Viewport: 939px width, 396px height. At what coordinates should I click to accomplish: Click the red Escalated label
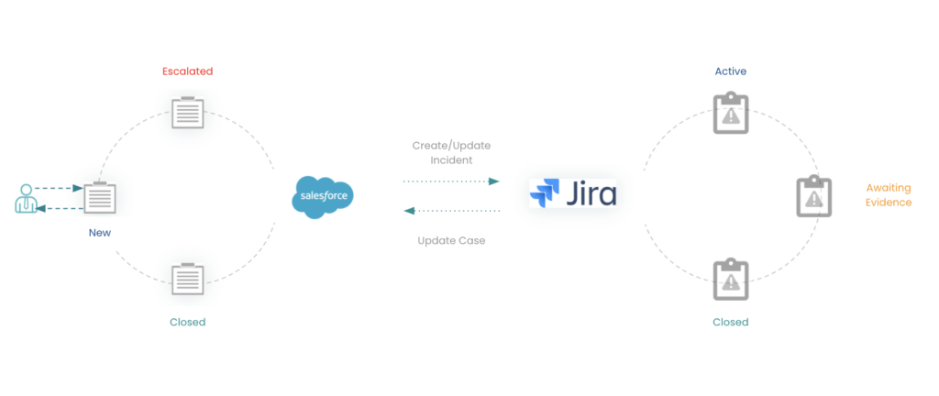(187, 71)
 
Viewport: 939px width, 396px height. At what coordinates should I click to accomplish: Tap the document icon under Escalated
(188, 113)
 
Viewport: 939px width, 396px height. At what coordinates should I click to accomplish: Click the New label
(99, 233)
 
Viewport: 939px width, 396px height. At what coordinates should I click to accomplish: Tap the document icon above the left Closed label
(188, 278)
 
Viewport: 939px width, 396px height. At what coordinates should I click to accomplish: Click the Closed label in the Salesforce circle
(188, 322)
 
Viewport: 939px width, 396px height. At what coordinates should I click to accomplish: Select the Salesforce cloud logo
(326, 196)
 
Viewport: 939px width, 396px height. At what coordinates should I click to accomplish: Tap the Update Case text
(451, 240)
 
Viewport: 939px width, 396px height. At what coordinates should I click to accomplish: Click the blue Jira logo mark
(545, 194)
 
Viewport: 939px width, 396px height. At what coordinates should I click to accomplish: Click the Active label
(731, 71)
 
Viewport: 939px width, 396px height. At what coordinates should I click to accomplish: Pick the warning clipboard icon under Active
(731, 113)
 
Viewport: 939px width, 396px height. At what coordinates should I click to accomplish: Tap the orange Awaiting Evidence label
(889, 194)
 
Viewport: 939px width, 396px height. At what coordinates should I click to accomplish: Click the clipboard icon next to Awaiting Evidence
(813, 196)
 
